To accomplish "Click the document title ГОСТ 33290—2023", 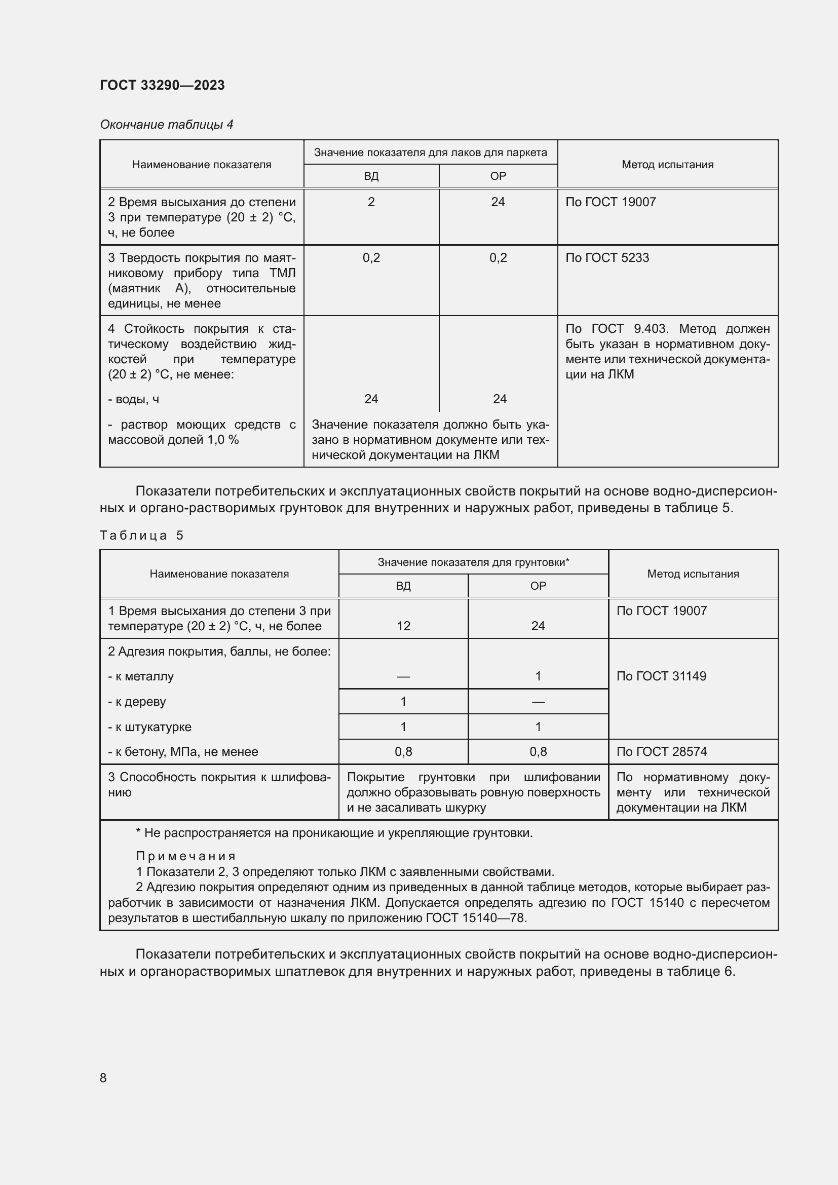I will [x=162, y=85].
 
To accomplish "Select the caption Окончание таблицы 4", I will [x=166, y=125].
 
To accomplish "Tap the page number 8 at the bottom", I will [x=103, y=1078].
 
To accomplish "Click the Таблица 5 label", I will [x=141, y=535].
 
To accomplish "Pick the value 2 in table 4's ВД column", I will [x=371, y=202].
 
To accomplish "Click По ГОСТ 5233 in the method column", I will [x=607, y=258].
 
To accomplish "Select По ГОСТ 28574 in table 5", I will [x=661, y=752].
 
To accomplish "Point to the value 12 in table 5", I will [x=403, y=626].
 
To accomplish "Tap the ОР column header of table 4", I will [x=498, y=176].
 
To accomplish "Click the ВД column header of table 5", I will [x=403, y=586].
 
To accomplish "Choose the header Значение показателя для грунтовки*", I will [x=473, y=562].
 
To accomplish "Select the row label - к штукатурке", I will [x=149, y=727].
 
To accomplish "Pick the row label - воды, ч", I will [x=133, y=399].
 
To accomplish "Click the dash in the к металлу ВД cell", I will [x=403, y=677].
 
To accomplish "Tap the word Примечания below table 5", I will [x=186, y=857].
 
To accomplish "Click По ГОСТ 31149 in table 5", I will [x=661, y=677].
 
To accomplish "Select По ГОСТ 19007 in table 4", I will [x=611, y=202].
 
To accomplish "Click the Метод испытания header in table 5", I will [x=693, y=574].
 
